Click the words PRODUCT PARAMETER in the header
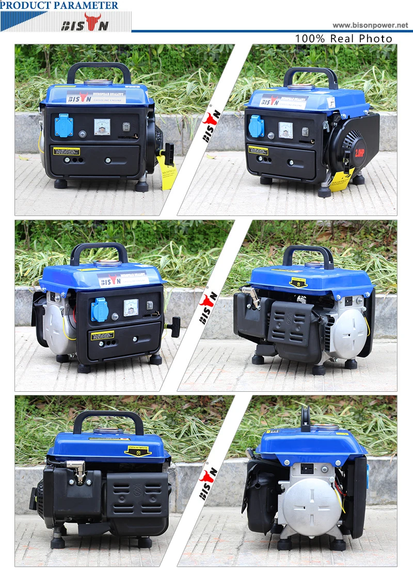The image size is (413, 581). tap(59, 6)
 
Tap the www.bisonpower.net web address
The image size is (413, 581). tap(370, 25)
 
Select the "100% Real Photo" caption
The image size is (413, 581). tap(343, 39)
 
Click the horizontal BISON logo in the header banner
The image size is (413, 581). tap(86, 24)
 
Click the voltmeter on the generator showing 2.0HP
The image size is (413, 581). tap(285, 130)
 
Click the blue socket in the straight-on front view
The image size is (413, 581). tap(64, 126)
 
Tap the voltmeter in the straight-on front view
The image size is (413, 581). tap(102, 127)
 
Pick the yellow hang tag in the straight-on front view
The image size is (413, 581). tap(169, 168)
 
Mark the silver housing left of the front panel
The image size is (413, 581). tap(55, 322)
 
